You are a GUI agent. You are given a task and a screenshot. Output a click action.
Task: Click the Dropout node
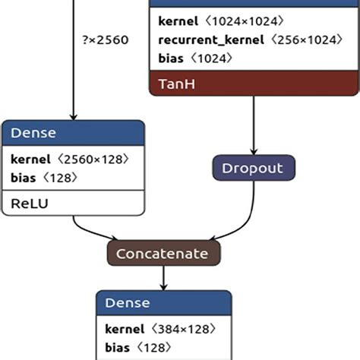click(x=252, y=166)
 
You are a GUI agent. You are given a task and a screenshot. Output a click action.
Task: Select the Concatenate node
click(x=163, y=252)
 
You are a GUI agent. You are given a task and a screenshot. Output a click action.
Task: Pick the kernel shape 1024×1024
click(x=245, y=21)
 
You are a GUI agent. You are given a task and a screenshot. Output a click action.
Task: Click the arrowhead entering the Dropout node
click(x=252, y=151)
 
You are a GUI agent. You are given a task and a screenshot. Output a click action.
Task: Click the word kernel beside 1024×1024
click(x=178, y=21)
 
